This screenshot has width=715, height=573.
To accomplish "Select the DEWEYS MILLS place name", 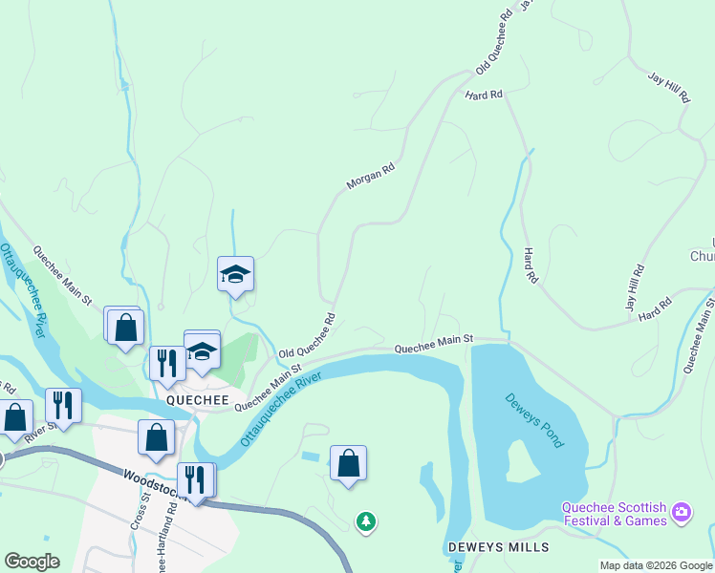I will [x=498, y=547].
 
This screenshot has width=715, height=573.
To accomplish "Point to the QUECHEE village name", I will [x=198, y=402].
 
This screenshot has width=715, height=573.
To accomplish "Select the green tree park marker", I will [x=365, y=521].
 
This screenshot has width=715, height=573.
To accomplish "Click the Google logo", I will [x=32, y=562].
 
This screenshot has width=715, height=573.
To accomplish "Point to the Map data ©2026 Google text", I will [x=656, y=565].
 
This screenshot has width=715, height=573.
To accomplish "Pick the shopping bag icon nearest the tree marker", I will [x=349, y=464].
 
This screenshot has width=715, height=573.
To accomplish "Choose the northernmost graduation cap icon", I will [x=235, y=275].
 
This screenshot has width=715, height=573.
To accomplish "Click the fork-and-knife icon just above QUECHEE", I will [x=167, y=363].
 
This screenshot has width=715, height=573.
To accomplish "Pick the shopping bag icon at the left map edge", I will [x=15, y=418].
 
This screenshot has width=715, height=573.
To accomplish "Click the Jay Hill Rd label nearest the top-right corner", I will [x=668, y=87].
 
